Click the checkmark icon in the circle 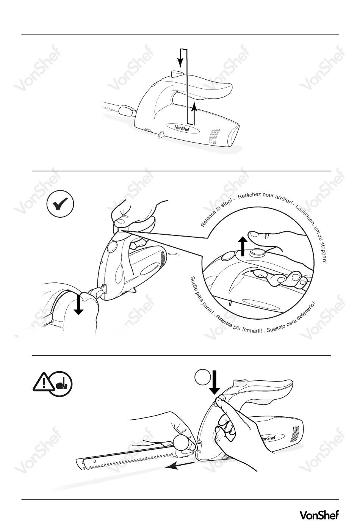click(x=60, y=204)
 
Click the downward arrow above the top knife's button click(x=180, y=58)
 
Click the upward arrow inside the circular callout click(x=243, y=246)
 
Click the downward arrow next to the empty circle click(x=214, y=382)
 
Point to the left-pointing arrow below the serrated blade click(x=179, y=466)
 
